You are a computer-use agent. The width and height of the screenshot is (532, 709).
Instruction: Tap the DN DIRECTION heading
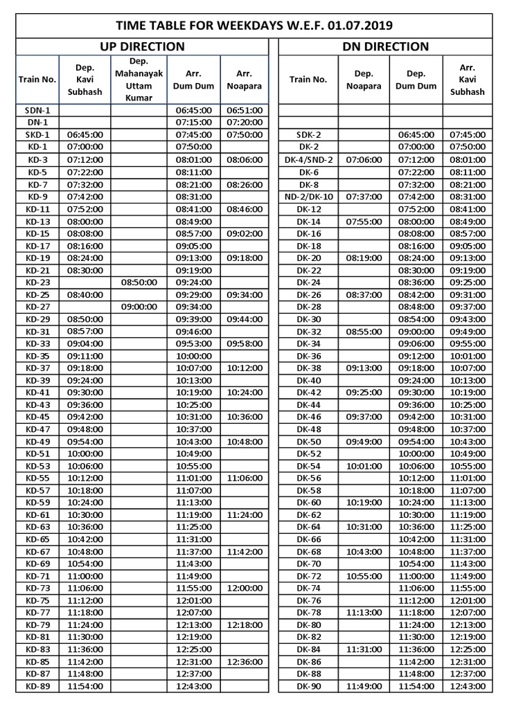(x=385, y=47)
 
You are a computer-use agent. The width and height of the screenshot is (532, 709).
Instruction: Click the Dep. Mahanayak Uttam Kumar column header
(x=139, y=79)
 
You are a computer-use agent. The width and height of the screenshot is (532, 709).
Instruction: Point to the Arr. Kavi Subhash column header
(x=468, y=79)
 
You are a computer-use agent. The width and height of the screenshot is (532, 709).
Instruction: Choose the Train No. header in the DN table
(x=308, y=80)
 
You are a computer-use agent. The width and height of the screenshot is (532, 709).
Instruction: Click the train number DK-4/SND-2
(x=308, y=159)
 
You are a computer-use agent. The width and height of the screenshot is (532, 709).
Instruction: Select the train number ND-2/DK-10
(x=308, y=197)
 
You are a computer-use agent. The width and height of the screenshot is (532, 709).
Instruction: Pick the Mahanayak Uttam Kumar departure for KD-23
(x=139, y=282)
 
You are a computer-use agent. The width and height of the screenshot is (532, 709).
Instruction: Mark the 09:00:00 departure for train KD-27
(x=139, y=307)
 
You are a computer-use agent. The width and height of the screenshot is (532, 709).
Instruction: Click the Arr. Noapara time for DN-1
(x=245, y=122)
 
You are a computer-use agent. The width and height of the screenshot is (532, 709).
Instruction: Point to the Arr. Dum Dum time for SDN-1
(x=193, y=109)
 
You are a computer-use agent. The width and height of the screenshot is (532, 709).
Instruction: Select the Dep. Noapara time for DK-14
(x=364, y=222)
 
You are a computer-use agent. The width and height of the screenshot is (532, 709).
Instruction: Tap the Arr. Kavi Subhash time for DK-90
(x=468, y=686)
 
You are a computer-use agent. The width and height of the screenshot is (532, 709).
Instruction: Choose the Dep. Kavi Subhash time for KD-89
(x=85, y=686)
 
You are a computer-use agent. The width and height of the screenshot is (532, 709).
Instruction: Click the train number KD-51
(x=37, y=454)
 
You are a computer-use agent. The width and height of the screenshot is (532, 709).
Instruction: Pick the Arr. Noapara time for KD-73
(x=245, y=588)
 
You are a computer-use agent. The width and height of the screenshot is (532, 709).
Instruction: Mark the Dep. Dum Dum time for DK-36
(x=416, y=356)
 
